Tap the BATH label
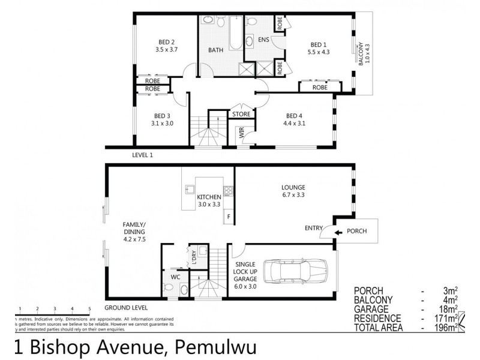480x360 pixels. [x=216, y=50]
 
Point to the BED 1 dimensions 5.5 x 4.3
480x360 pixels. [x=317, y=52]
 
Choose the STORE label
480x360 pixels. [x=242, y=114]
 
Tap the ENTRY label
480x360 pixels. [x=314, y=228]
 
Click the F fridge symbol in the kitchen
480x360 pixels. [x=228, y=216]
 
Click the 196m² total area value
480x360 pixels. [x=445, y=328]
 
